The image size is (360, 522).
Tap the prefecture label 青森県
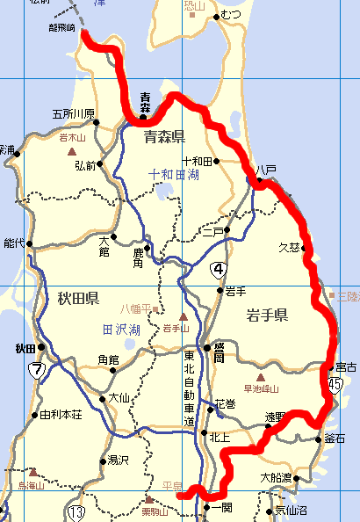pyautogui.click(x=164, y=135)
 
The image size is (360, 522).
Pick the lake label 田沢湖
pyautogui.click(x=121, y=330)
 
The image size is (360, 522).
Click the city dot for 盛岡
pyautogui.click(x=208, y=348)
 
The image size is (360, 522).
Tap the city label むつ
pyautogui.click(x=231, y=15)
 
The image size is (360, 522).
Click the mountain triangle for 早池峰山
pyautogui.click(x=260, y=376)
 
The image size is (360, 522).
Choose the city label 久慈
pyautogui.click(x=289, y=247)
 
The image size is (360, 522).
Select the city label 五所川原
pyautogui.click(x=73, y=113)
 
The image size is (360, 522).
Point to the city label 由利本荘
pyautogui.click(x=61, y=415)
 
